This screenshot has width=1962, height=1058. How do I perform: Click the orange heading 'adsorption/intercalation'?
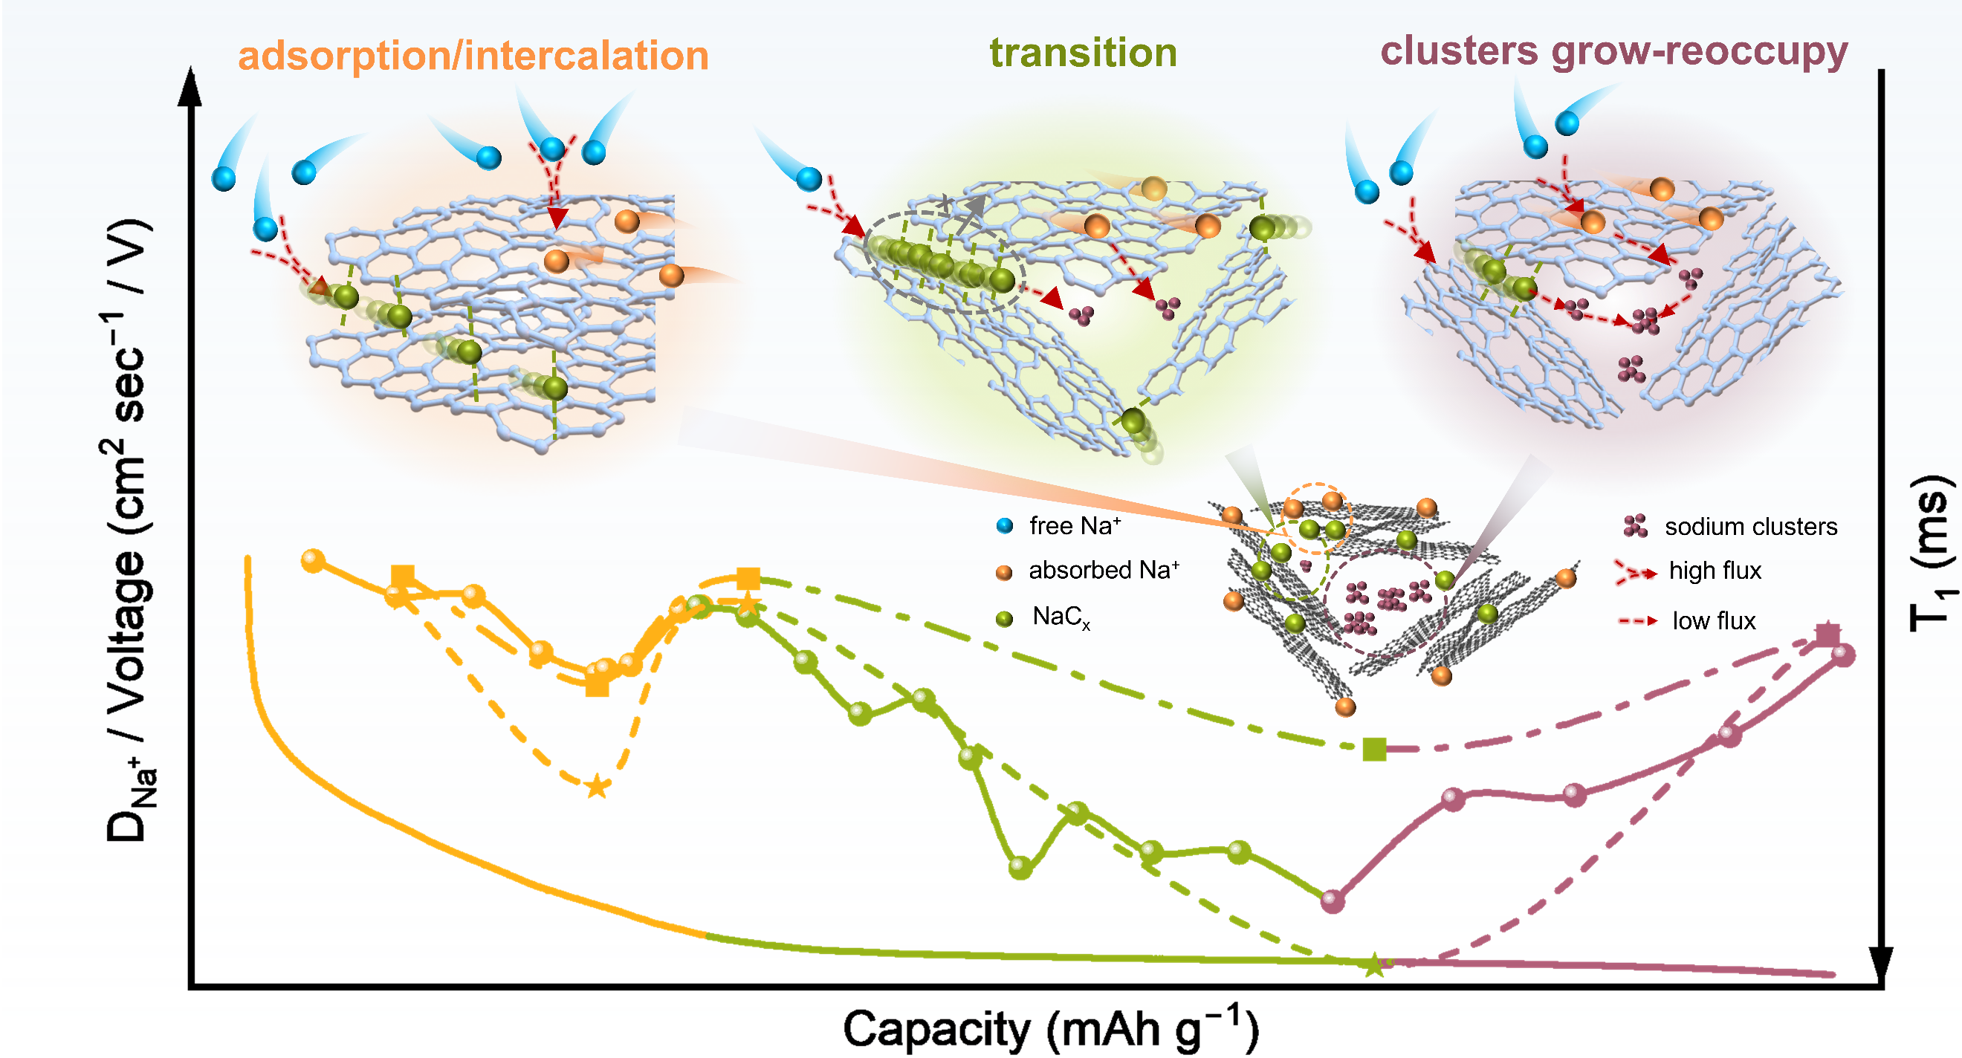(473, 56)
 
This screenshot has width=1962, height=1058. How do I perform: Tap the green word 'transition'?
(1082, 53)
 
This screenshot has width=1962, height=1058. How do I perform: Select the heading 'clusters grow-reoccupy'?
(1614, 52)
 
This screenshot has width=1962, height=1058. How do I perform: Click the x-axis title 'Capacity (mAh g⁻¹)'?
(1050, 1028)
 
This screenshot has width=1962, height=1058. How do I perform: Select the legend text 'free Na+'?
(1075, 525)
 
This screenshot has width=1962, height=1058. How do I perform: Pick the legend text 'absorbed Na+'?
(1104, 570)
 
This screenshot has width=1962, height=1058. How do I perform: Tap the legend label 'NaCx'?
(1061, 616)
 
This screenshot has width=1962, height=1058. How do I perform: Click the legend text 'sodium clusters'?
(1750, 526)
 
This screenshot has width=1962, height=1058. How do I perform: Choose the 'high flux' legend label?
(1715, 571)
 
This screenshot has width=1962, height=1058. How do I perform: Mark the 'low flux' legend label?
(1713, 621)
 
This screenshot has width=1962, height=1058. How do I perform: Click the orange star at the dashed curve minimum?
(596, 786)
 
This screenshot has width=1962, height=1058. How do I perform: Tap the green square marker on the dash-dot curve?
(1374, 749)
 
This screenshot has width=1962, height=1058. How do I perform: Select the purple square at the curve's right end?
(1827, 634)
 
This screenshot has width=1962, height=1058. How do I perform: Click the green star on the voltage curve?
(1373, 964)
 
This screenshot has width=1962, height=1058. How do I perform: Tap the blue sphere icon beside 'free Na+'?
(1005, 525)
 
